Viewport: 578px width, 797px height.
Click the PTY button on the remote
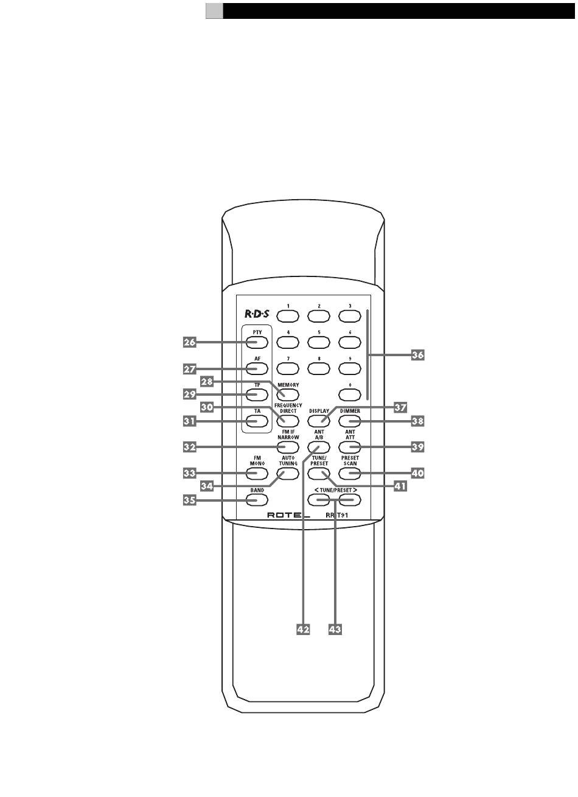coord(257,342)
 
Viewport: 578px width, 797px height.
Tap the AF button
coord(257,368)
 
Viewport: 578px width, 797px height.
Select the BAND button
coord(257,500)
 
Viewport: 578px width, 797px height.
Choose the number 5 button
coord(319,342)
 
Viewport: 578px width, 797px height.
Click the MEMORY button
coord(288,394)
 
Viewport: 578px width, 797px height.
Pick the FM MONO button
coord(257,472)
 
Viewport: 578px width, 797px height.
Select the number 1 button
coord(288,315)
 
